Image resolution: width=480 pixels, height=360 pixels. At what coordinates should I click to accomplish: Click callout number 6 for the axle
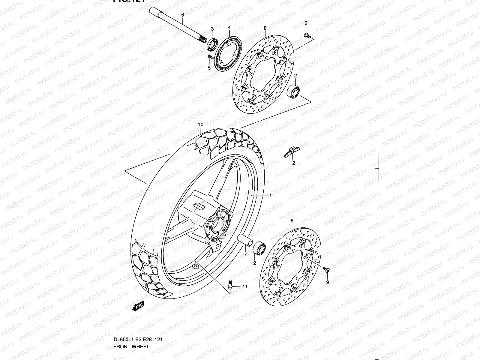pyautogui.click(x=182, y=14)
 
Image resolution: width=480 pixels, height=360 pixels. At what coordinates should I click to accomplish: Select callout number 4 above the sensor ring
pyautogui.click(x=229, y=27)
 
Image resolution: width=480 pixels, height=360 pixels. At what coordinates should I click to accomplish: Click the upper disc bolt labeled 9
pyautogui.click(x=306, y=36)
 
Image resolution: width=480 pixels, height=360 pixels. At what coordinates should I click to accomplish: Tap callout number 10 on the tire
pyautogui.click(x=201, y=124)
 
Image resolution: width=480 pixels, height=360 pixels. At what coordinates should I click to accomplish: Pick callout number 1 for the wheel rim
pyautogui.click(x=270, y=196)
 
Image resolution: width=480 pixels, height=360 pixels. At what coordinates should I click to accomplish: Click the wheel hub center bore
pyautogui.click(x=217, y=224)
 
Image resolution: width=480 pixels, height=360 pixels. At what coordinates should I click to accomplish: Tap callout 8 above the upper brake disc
pyautogui.click(x=265, y=28)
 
